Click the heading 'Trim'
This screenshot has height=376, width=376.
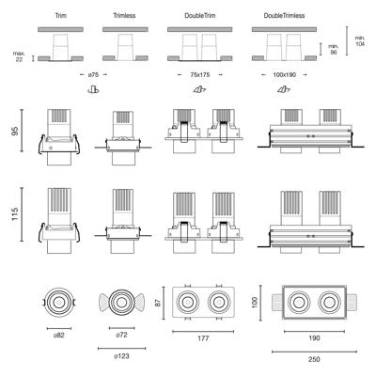coord(61,15)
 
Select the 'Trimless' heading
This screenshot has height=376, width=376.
coord(124,15)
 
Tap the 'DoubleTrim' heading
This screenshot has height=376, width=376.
coord(200,15)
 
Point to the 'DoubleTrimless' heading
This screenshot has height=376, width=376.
coord(284,15)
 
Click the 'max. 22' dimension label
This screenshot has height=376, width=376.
coord(19,56)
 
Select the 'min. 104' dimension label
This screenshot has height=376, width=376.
coord(360,40)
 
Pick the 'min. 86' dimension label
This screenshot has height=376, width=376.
coord(334,50)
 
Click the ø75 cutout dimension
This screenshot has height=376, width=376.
coord(93,74)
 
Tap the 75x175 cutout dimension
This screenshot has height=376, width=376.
coord(200,74)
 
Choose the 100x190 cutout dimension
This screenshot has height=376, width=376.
coord(284,74)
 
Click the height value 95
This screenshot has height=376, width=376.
coord(15,131)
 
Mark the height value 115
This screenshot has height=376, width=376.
coord(15,214)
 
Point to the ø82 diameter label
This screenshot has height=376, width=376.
coord(59,336)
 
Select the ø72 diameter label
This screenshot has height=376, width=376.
coord(121,335)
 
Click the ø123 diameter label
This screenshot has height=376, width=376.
coord(121,356)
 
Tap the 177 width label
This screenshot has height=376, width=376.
coord(203,338)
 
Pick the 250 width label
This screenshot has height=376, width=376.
coord(314,359)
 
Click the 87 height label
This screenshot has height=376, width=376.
coord(158,303)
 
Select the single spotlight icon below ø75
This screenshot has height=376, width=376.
coord(93,90)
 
